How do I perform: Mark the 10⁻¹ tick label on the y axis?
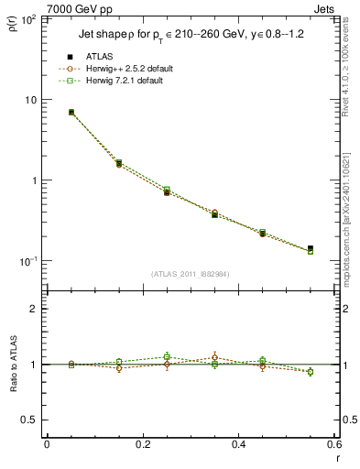27,261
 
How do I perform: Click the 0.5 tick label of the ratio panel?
29,420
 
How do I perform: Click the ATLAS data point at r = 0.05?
71,113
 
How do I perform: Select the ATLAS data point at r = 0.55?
311,248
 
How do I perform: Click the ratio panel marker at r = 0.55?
311,372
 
